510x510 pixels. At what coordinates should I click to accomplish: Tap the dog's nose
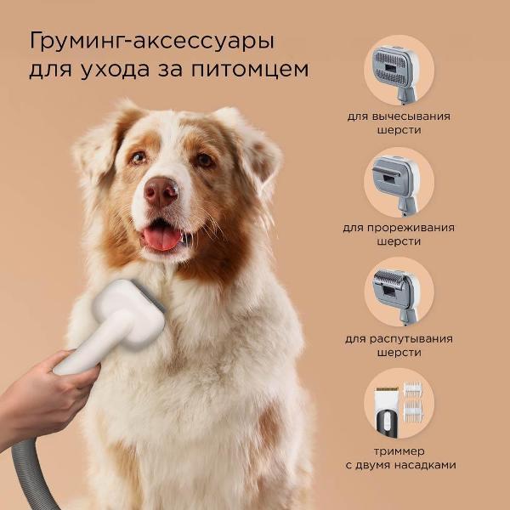pos(161,192)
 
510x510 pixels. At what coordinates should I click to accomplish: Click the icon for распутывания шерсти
pos(399,293)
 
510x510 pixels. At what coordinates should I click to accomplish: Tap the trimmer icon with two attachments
pos(399,403)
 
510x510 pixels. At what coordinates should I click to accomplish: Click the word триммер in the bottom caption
pos(399,450)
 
